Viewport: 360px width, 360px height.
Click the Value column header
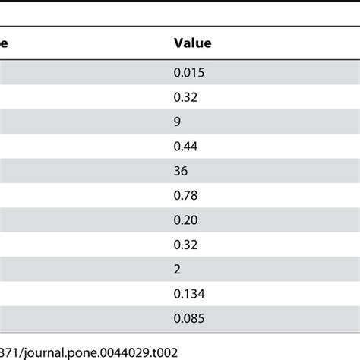coord(193,43)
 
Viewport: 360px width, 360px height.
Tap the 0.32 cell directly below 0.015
coord(185,97)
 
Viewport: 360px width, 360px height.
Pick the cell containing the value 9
coord(178,122)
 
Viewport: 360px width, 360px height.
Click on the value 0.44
coord(185,146)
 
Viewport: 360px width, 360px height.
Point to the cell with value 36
coord(182,171)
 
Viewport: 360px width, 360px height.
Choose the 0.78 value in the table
coord(185,195)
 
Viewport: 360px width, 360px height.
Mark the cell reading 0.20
coord(185,219)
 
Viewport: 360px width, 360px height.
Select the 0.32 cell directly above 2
coord(185,244)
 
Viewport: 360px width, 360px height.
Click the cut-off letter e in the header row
coord(3,44)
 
